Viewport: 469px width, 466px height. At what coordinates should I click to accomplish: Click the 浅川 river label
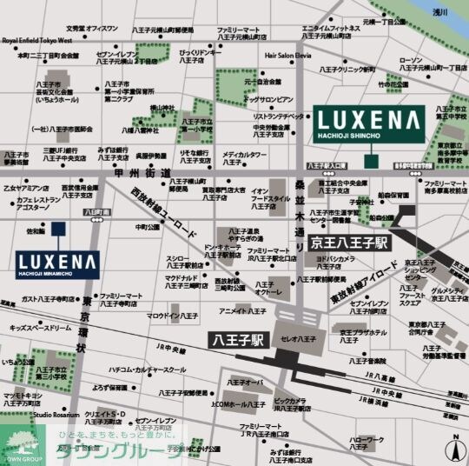[440, 12]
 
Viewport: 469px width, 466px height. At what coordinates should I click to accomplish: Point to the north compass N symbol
[453, 449]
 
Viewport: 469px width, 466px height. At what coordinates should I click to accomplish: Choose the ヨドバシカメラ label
[333, 258]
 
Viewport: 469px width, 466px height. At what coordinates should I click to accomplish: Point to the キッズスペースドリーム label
[41, 329]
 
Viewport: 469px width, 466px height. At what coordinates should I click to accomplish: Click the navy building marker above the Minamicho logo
[57, 230]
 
